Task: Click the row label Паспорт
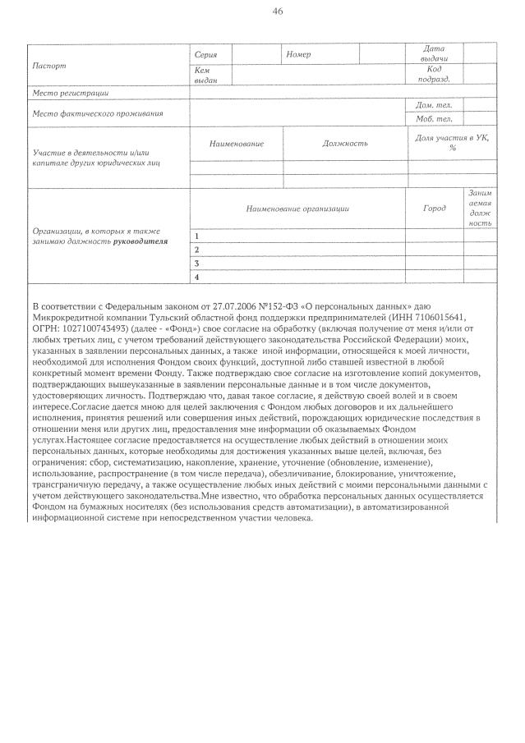click(48, 65)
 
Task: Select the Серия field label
click(205, 53)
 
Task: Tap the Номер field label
click(298, 53)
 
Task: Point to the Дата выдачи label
click(434, 54)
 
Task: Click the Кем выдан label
click(205, 76)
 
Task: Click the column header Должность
click(345, 144)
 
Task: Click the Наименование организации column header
click(297, 209)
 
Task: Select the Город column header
click(435, 209)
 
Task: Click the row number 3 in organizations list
click(196, 264)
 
